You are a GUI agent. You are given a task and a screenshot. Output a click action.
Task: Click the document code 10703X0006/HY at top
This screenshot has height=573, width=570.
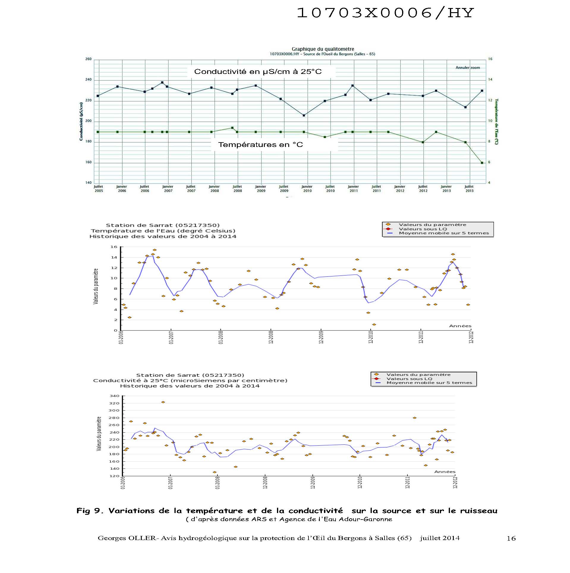(x=385, y=13)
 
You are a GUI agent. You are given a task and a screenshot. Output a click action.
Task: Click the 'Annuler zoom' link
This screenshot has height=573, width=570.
(x=467, y=68)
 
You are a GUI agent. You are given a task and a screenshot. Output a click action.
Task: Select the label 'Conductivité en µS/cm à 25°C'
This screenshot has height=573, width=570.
(x=258, y=72)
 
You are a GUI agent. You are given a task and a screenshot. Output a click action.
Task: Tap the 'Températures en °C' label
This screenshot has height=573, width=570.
(x=260, y=145)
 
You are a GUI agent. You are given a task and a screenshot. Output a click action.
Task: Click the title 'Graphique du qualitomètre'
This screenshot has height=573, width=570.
(x=323, y=49)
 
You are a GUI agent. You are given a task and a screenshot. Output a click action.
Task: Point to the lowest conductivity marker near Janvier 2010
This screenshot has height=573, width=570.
(x=304, y=115)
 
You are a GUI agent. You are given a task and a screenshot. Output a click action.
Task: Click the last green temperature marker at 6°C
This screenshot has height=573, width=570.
(x=482, y=163)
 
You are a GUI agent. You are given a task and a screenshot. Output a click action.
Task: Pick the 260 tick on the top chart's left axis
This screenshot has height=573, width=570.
(x=89, y=59)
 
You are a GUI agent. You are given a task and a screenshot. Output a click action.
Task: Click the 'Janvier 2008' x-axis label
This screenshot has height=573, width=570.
(x=214, y=189)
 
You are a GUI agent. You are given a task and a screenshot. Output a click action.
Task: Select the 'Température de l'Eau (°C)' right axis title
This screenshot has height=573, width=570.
(x=496, y=122)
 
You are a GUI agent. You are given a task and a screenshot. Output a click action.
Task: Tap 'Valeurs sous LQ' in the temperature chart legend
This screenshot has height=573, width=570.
(x=423, y=229)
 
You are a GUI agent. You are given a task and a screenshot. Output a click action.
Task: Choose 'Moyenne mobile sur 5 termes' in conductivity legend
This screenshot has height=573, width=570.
(x=429, y=383)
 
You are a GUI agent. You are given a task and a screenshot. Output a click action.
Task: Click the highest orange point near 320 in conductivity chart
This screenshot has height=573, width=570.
(x=163, y=402)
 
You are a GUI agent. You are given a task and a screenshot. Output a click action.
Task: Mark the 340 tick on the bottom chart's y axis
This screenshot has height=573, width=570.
(x=114, y=396)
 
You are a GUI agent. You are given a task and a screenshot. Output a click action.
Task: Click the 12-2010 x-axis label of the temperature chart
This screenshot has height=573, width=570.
(x=371, y=337)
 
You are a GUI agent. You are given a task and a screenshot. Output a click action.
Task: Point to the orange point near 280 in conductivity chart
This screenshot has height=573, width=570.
(x=415, y=418)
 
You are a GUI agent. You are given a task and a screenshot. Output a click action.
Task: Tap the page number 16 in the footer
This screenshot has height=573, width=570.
(x=511, y=538)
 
